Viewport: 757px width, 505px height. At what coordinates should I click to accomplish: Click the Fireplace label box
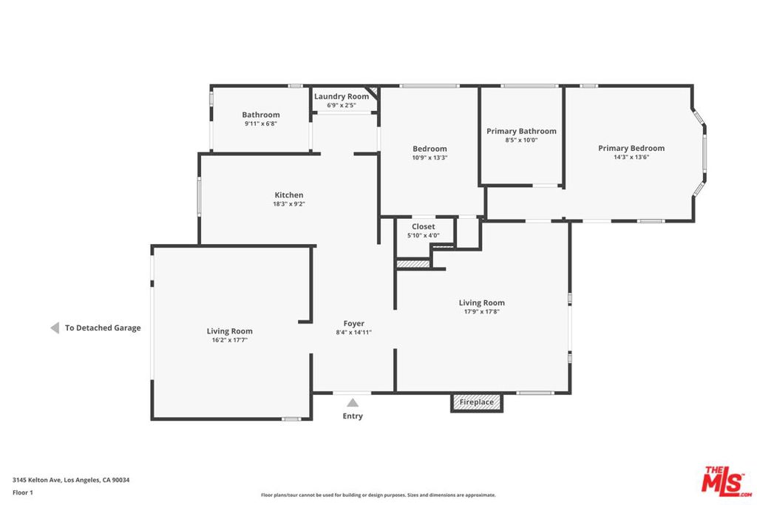tap(477, 402)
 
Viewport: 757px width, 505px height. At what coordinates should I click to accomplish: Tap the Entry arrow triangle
tap(353, 403)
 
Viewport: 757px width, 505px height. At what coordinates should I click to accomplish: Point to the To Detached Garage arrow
tap(55, 328)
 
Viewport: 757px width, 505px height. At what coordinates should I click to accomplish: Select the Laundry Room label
tap(342, 97)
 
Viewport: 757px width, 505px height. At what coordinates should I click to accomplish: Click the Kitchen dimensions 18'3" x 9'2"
tap(288, 204)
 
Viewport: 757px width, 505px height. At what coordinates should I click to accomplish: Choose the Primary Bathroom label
tap(521, 132)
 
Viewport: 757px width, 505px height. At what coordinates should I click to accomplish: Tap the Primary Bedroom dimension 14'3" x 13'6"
tap(631, 157)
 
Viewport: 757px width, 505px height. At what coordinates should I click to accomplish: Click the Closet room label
tap(424, 227)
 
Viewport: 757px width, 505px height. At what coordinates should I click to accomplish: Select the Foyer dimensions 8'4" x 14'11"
tap(353, 333)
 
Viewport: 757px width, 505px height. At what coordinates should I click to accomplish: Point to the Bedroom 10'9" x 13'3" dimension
tap(430, 157)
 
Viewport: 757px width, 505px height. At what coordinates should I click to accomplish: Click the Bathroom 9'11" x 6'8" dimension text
tap(261, 123)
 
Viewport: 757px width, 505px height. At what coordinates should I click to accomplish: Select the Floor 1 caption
tap(23, 492)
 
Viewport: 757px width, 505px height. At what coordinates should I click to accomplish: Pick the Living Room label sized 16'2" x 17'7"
tap(230, 331)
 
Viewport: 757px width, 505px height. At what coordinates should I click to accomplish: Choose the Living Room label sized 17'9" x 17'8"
tap(481, 302)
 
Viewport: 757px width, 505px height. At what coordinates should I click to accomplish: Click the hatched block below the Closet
tap(413, 263)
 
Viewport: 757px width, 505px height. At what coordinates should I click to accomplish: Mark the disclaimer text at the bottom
tap(378, 495)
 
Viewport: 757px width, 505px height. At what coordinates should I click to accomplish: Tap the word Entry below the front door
tap(353, 416)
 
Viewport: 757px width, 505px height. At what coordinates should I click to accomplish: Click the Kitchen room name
tap(288, 195)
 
